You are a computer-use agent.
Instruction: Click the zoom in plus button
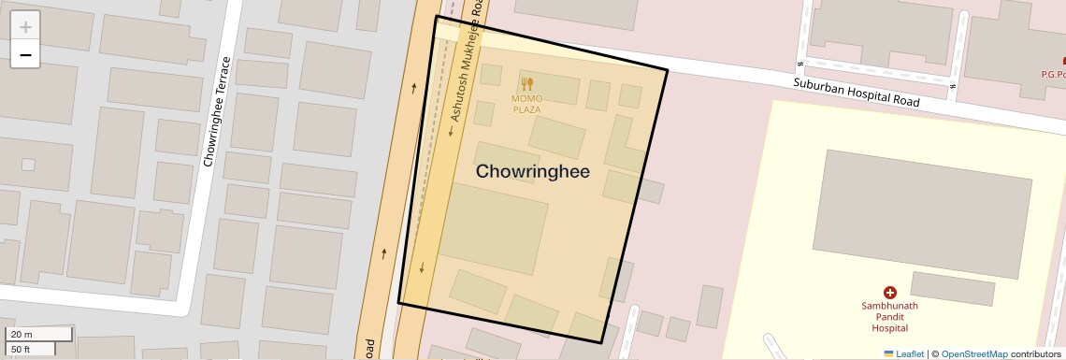(25, 27)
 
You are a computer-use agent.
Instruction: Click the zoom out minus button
(25, 55)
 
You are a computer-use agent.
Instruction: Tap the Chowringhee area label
(532, 172)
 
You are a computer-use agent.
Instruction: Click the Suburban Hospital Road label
(856, 93)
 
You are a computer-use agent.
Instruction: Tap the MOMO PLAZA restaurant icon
(526, 83)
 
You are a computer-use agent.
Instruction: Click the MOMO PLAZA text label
(526, 104)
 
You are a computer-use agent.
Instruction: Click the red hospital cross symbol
(889, 293)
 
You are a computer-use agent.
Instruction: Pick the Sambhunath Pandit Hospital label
(889, 317)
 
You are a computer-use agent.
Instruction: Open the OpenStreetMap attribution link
(973, 353)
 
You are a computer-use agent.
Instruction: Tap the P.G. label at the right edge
(1054, 74)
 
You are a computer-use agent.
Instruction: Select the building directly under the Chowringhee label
(493, 228)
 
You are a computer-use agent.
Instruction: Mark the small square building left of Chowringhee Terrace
(28, 165)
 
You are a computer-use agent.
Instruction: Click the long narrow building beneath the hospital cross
(952, 288)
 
